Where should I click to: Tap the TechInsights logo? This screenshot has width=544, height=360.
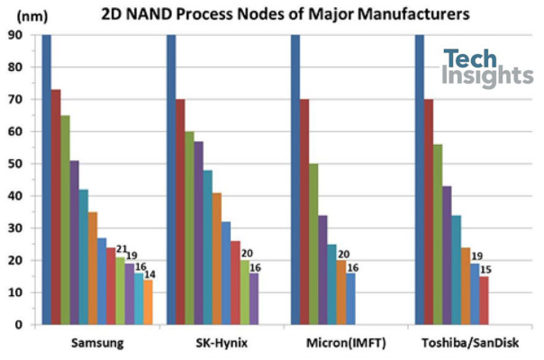click(488, 68)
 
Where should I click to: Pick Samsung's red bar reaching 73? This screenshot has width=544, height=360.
click(56, 207)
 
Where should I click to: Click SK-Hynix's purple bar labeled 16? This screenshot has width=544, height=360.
click(254, 299)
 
